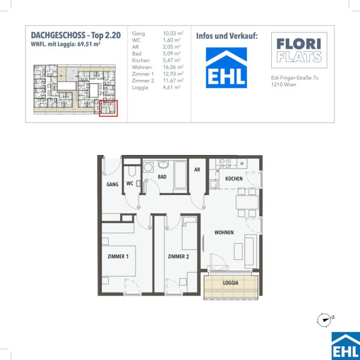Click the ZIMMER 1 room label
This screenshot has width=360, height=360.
[118, 256]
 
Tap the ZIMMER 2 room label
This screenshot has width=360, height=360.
[178, 256]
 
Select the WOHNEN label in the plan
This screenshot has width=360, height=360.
[224, 232]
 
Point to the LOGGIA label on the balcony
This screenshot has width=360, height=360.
[231, 283]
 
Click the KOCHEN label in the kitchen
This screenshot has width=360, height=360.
[234, 178]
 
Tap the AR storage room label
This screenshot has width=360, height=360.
[197, 169]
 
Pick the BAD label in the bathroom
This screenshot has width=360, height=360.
[162, 177]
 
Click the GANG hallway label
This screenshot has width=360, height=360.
[112, 184]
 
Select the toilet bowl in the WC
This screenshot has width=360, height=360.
[132, 171]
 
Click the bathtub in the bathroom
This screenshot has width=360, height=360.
[180, 175]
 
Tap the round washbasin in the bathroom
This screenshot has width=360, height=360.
[163, 164]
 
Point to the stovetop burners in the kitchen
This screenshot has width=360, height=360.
[225, 163]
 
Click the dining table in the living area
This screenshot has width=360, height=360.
[247, 202]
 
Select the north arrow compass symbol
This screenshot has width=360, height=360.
[324, 319]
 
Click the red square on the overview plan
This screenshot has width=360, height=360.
[108, 108]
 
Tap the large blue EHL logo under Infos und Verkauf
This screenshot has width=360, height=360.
[226, 67]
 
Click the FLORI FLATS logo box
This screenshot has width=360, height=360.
[299, 50]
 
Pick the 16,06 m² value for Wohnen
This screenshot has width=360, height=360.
[173, 67]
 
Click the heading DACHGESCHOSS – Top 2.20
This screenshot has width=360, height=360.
[76, 36]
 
